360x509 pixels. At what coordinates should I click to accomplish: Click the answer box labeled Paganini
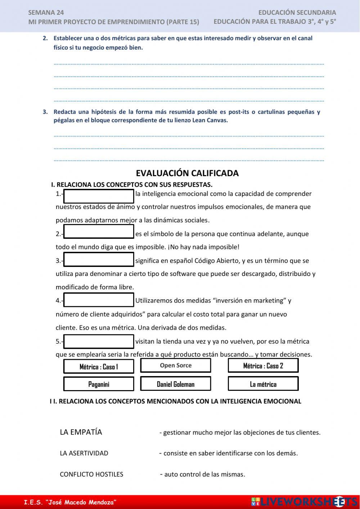99,384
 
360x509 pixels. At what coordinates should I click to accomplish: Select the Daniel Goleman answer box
175,384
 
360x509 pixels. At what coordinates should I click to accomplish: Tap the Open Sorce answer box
175,365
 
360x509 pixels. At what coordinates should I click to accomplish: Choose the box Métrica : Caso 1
99,367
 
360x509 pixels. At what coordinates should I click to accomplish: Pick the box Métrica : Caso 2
263,366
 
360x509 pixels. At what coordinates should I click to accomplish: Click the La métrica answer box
263,384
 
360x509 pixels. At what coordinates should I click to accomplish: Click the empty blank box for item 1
99,196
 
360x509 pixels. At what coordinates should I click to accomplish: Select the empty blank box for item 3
99,259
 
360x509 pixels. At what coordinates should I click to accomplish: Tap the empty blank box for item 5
99,341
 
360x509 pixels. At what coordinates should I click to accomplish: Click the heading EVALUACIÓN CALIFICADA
187,173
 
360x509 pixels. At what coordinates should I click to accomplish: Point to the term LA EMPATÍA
81,432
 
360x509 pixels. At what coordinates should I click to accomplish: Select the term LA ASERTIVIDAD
84,453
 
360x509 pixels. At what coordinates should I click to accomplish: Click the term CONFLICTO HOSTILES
91,474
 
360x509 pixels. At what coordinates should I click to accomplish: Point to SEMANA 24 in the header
46,13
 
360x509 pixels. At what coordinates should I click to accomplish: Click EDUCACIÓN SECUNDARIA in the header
297,13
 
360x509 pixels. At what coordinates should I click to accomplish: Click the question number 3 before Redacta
45,112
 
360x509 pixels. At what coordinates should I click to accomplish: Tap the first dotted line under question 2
189,64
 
